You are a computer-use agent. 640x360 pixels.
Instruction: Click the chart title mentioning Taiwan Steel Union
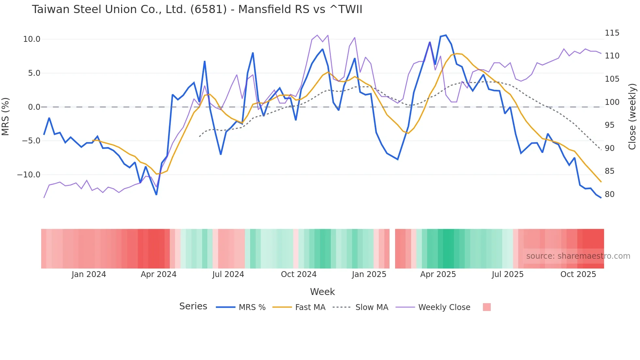click(x=197, y=9)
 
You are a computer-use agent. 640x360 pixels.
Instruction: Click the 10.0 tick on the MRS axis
click(x=32, y=39)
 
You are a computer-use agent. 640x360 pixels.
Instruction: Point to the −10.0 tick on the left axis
click(x=29, y=175)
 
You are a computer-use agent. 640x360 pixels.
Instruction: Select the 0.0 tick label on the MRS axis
click(x=34, y=107)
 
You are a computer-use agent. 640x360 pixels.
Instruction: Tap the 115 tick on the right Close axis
click(x=612, y=33)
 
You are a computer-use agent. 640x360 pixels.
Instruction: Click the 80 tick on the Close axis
click(x=610, y=194)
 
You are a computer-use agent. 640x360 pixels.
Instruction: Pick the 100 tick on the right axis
click(x=612, y=102)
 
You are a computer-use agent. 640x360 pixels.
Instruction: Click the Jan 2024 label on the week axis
click(x=89, y=274)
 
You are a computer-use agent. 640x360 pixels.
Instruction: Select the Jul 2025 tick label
click(x=507, y=274)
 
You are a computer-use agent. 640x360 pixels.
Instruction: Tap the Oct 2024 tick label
click(x=298, y=274)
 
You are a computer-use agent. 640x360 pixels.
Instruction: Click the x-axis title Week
click(x=322, y=292)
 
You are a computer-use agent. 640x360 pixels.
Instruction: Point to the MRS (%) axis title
click(x=6, y=116)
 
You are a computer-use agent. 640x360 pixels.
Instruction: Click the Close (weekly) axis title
click(x=632, y=116)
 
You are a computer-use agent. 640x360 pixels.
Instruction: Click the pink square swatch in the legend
click(x=487, y=307)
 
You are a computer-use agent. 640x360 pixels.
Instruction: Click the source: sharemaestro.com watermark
click(x=578, y=256)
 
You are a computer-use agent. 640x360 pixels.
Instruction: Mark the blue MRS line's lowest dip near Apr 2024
click(x=156, y=194)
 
